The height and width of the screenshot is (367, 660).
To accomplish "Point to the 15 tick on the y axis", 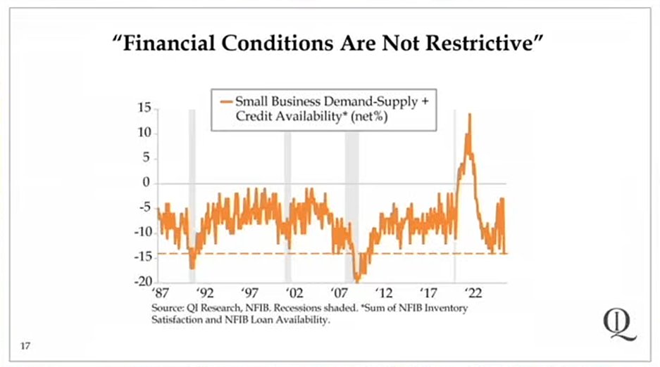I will (144, 108).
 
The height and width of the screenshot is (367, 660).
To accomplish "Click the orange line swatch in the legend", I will (225, 101).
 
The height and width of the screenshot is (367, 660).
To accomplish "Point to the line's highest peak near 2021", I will (470, 115).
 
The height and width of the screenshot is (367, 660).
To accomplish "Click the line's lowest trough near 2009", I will (357, 279).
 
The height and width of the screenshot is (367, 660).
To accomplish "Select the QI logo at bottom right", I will (620, 324).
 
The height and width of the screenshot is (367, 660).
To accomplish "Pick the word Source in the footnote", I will (165, 308).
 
